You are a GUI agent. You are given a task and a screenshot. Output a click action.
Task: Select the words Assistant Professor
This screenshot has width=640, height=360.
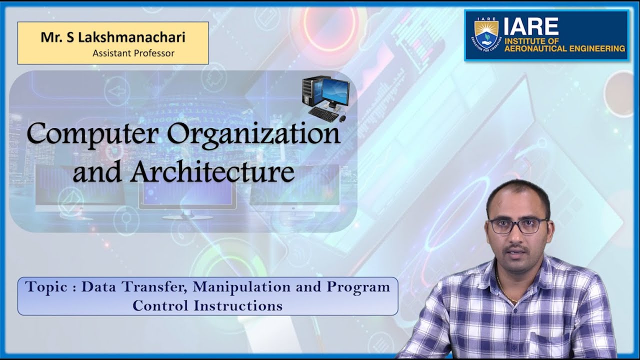click(x=133, y=53)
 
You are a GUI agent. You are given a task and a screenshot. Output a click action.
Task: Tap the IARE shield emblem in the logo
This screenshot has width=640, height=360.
click(x=486, y=33)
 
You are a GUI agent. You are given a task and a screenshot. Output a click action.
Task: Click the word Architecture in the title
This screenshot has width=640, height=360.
click(x=212, y=172)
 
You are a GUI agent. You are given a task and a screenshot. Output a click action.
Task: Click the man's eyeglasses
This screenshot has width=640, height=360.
click(x=518, y=225)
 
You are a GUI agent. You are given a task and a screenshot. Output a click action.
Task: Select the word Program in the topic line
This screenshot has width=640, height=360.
click(x=358, y=287)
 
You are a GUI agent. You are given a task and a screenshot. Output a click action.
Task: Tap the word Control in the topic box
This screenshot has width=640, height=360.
click(x=161, y=305)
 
